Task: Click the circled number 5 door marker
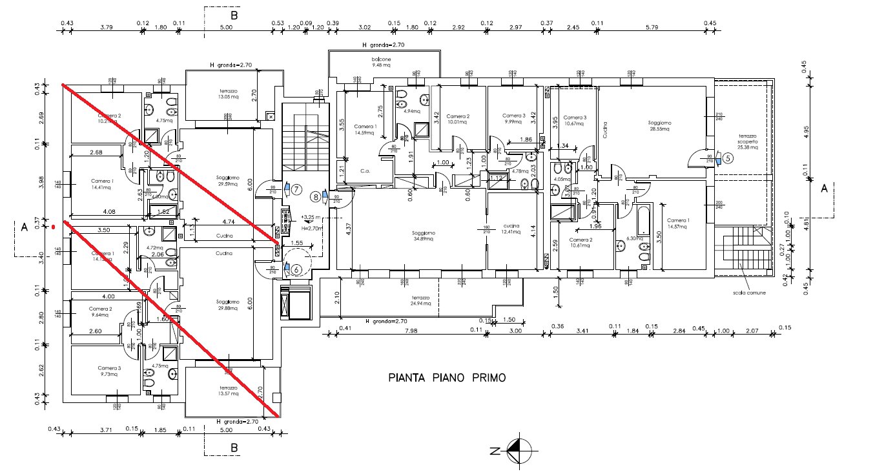tap(728, 158)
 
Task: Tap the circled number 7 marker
tap(297, 189)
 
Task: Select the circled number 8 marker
tap(316, 196)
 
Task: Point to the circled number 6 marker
tap(297, 270)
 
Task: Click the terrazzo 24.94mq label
tap(420, 301)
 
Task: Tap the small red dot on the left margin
tap(54, 227)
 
